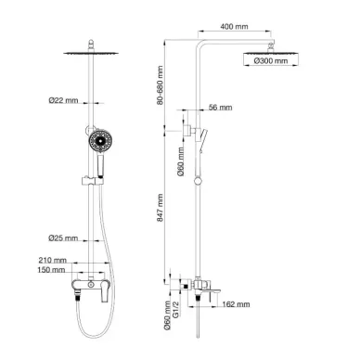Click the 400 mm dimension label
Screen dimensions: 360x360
click(x=234, y=27)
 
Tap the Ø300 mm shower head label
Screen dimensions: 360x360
click(x=271, y=61)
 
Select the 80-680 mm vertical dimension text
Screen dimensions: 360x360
click(x=160, y=85)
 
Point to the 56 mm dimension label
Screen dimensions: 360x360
click(x=220, y=108)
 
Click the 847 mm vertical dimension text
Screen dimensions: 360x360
click(x=160, y=208)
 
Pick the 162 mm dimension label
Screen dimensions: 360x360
click(x=236, y=304)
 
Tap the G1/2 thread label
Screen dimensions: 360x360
click(x=175, y=309)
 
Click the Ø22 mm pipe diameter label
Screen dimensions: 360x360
click(x=63, y=100)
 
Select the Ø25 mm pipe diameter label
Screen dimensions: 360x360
click(x=63, y=238)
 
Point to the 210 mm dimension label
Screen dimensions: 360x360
click(x=52, y=260)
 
